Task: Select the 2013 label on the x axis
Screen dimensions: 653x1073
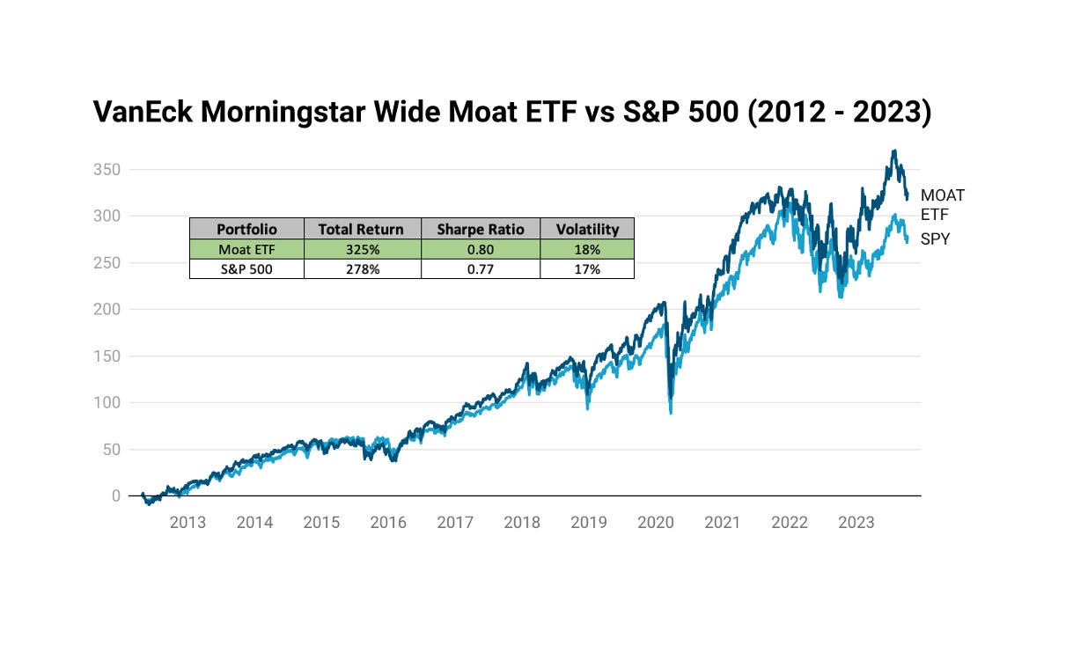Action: (x=187, y=523)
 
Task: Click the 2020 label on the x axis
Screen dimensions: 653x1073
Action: (x=655, y=523)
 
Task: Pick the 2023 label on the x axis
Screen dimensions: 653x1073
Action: (x=856, y=523)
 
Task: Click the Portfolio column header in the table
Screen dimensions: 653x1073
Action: (x=246, y=229)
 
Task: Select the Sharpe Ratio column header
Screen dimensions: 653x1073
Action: (x=481, y=229)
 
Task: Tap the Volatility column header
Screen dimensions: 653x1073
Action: (x=587, y=229)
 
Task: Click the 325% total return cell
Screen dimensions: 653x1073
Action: (x=362, y=249)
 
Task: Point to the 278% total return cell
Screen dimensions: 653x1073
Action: (x=362, y=269)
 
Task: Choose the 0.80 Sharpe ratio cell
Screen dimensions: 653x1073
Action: (x=481, y=249)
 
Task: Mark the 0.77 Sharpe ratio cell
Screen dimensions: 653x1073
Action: (x=481, y=269)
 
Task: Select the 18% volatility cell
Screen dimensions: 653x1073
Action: (x=587, y=249)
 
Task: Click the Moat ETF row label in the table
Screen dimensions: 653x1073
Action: (x=246, y=249)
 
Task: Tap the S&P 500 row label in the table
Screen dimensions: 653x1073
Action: (x=246, y=269)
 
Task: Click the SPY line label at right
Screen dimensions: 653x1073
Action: (x=936, y=238)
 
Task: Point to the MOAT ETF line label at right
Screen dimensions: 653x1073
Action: (x=942, y=204)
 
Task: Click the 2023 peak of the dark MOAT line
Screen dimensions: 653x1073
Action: (x=894, y=151)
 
